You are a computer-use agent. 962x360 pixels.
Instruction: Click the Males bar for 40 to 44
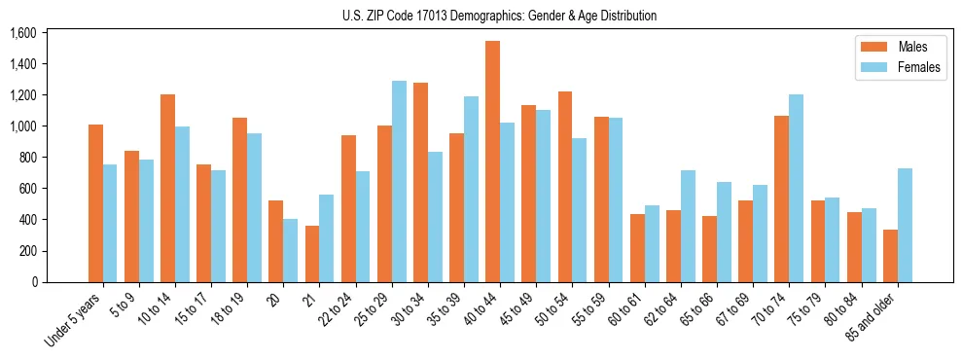(492, 162)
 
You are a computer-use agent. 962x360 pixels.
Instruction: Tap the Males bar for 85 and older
(890, 256)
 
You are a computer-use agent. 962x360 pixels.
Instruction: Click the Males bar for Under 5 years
(95, 203)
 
